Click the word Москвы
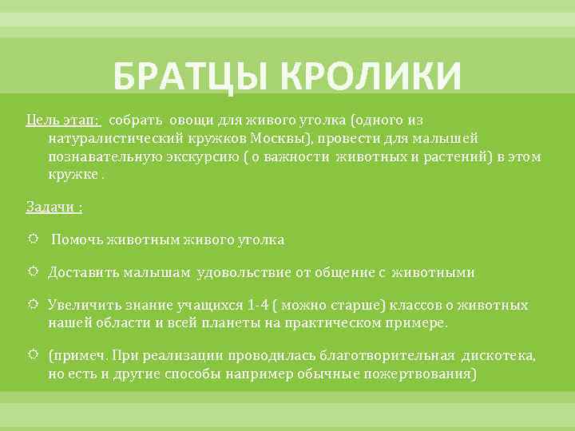pyautogui.click(x=297, y=138)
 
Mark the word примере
pyautogui.click(x=421, y=323)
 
